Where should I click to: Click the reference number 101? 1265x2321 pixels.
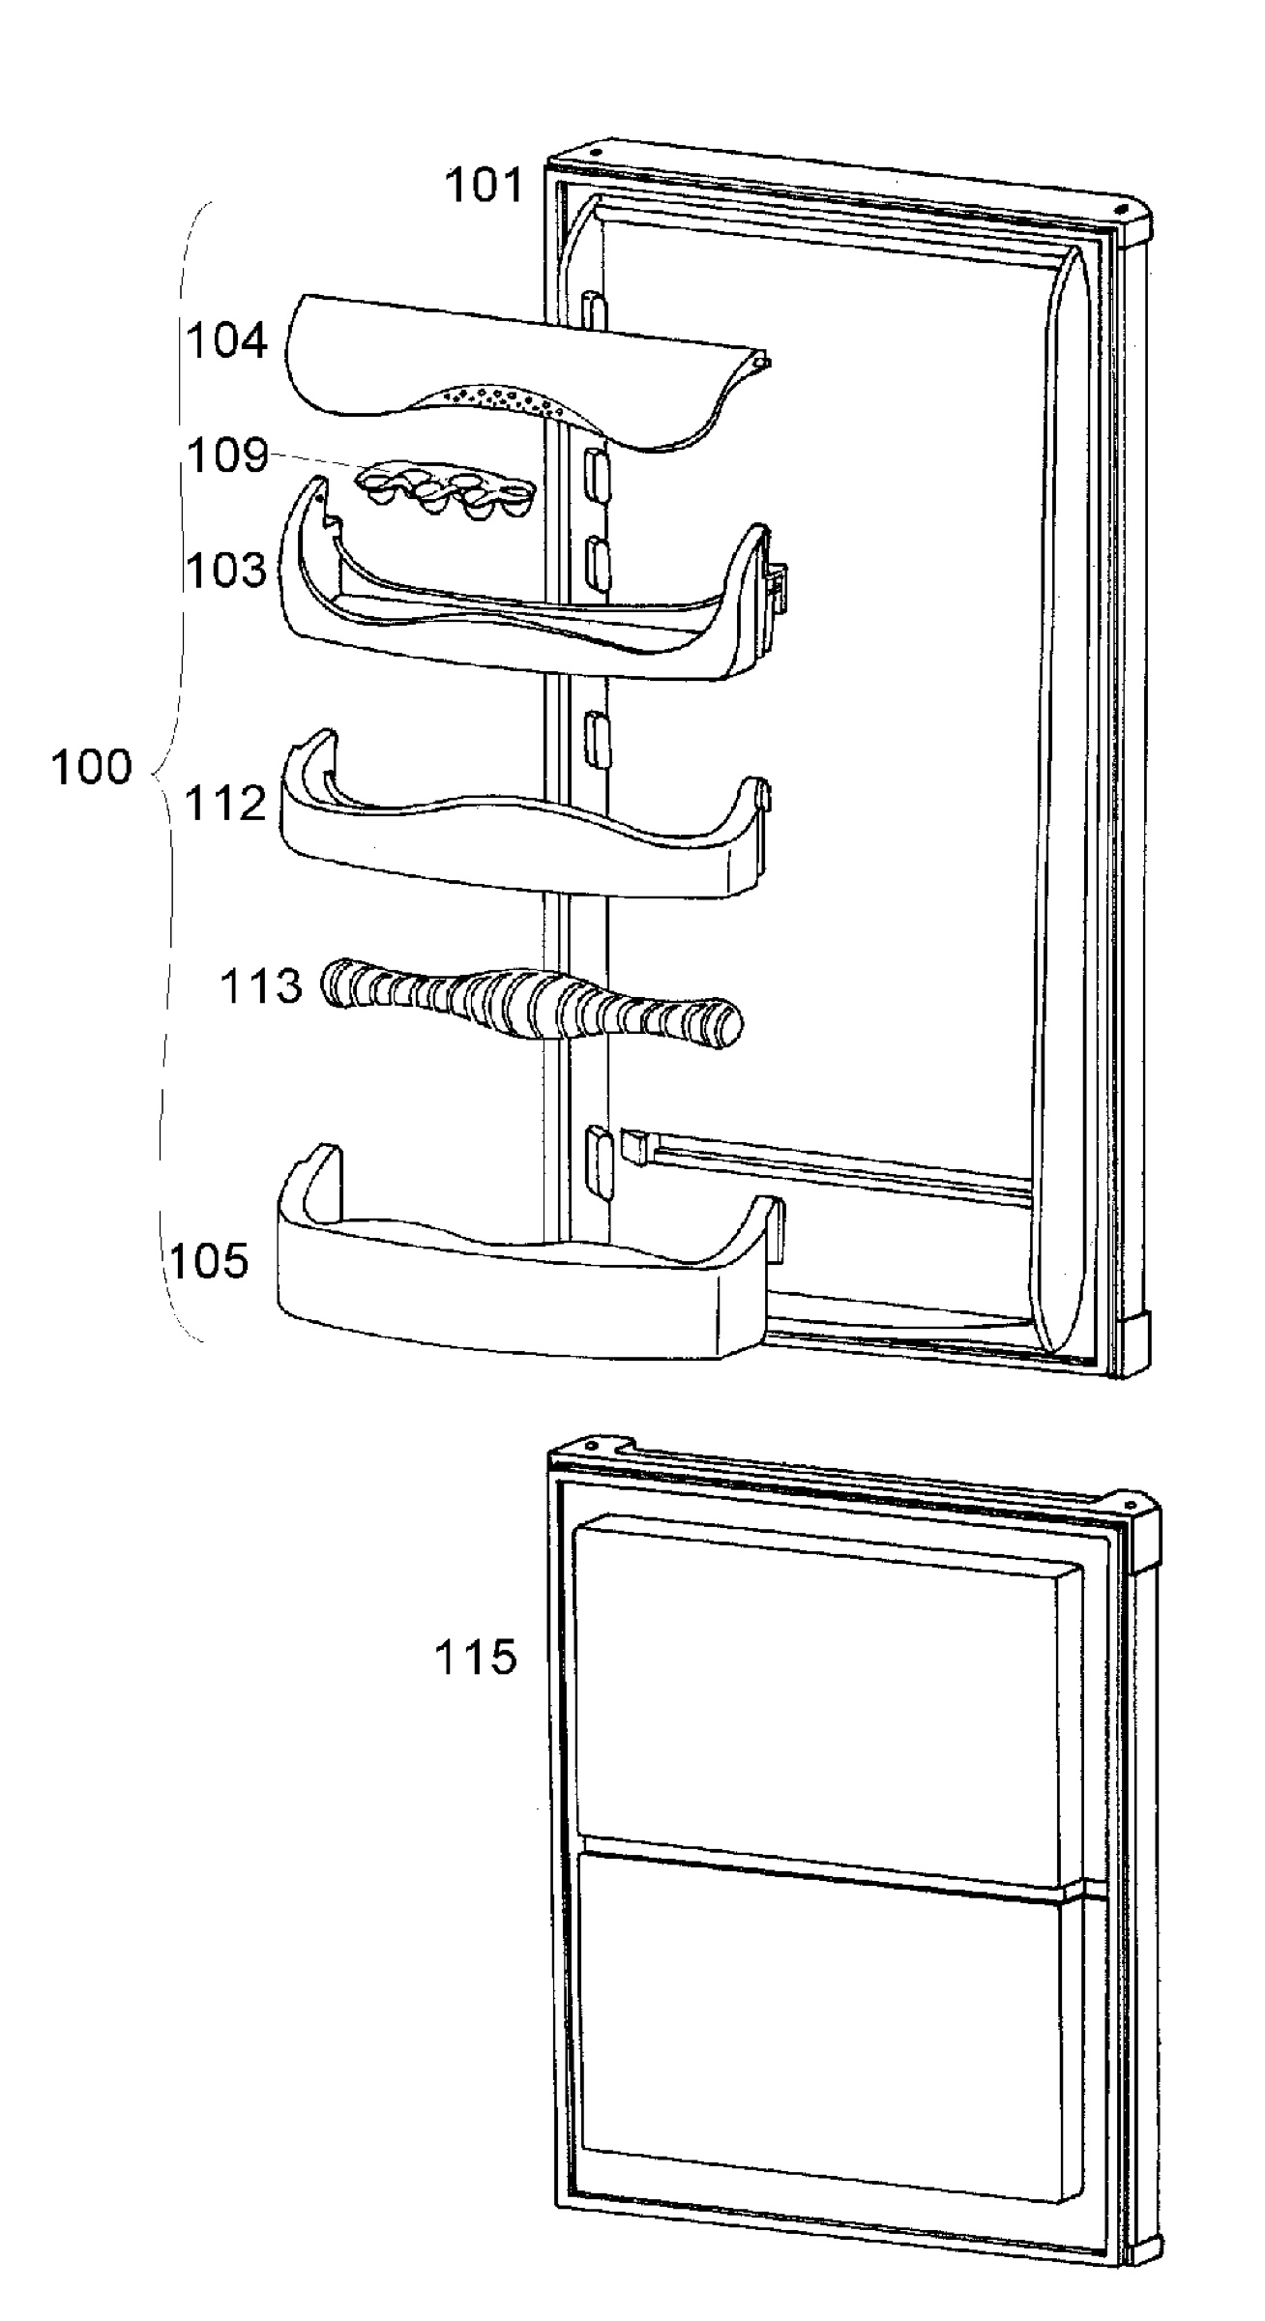(483, 185)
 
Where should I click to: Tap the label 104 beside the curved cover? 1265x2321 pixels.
(226, 341)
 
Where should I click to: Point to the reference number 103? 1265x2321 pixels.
(225, 570)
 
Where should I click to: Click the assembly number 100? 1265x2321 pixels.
(91, 767)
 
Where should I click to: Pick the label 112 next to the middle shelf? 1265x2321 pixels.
(225, 803)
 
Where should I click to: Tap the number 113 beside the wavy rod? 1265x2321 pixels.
(261, 986)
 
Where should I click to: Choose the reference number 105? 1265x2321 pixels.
(210, 1260)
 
